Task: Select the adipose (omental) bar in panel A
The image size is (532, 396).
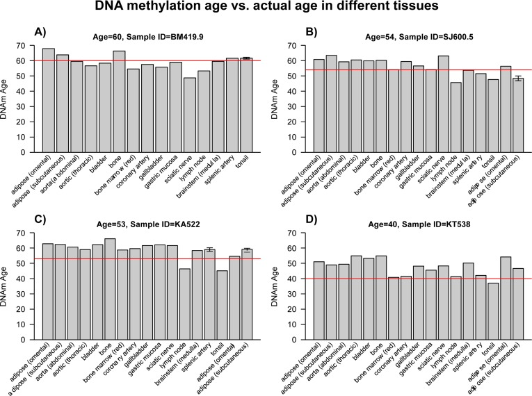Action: [49, 100]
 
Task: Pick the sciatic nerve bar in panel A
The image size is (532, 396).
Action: [190, 115]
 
